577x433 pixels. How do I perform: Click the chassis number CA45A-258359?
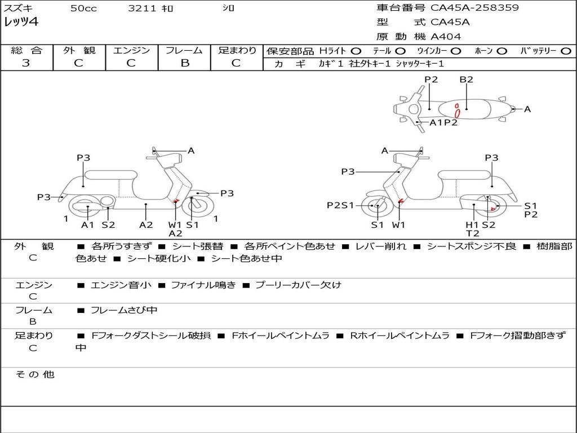pyautogui.click(x=474, y=8)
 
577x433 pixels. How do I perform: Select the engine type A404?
pyautogui.click(x=446, y=37)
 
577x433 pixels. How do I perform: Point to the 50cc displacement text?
pyautogui.click(x=83, y=8)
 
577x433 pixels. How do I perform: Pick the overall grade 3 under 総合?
pyautogui.click(x=26, y=63)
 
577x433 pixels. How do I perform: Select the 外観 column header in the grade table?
pyautogui.click(x=79, y=50)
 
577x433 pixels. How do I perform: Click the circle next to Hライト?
pyautogui.click(x=356, y=51)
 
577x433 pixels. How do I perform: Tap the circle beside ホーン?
pyautogui.click(x=501, y=51)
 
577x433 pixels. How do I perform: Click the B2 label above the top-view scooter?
pyautogui.click(x=466, y=79)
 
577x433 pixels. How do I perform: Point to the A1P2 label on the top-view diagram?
pyautogui.click(x=443, y=122)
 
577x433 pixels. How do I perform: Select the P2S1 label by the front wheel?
pyautogui.click(x=340, y=205)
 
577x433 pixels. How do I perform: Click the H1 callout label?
pyautogui.click(x=472, y=224)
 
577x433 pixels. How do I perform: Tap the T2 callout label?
pyautogui.click(x=472, y=233)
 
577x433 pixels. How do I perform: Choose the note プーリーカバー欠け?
pyautogui.click(x=298, y=285)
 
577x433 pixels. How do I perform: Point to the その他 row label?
pyautogui.click(x=34, y=374)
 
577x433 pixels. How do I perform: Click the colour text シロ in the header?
pyautogui.click(x=228, y=8)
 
